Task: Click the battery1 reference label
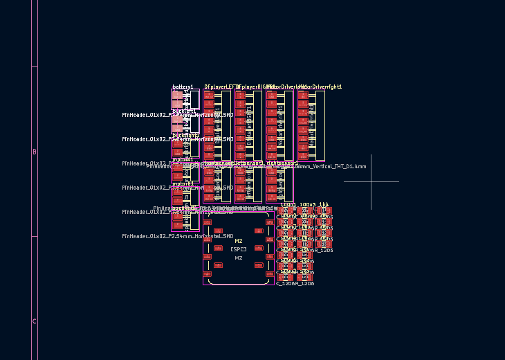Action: [183, 87]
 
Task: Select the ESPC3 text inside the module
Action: [239, 249]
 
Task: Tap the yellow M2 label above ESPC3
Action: [239, 242]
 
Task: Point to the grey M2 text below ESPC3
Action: [239, 258]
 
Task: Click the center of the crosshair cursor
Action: [371, 182]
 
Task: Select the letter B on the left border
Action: [35, 152]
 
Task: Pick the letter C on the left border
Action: [35, 322]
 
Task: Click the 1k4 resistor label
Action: [324, 205]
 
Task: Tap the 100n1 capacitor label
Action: [288, 205]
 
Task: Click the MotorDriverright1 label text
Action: [320, 87]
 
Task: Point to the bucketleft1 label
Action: [184, 111]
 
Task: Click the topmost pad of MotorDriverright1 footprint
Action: [303, 95]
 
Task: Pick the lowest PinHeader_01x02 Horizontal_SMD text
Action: [178, 237]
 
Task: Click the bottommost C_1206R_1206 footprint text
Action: [295, 283]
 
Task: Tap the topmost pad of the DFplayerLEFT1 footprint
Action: [208, 95]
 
